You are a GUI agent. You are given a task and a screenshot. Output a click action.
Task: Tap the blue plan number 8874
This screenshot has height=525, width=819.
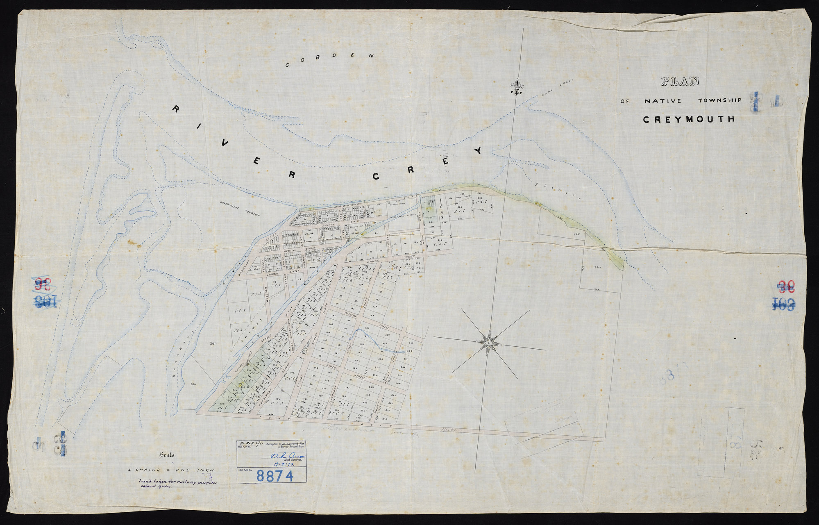tap(275, 476)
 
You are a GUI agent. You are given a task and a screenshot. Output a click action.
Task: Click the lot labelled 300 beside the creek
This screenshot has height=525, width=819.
tap(212, 343)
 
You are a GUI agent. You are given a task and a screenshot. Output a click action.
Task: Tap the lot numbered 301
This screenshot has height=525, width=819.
tap(193, 384)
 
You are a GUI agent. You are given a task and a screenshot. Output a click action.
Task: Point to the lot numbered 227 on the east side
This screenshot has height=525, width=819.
tap(576, 234)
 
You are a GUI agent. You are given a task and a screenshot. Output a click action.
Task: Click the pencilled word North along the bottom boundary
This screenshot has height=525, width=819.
tap(451, 430)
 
